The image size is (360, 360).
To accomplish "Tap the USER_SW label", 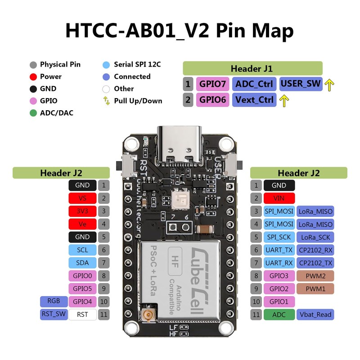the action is coord(301,84).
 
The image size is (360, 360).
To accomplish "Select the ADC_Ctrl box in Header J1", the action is coord(254,84).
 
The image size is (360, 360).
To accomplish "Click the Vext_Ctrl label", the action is coord(254,100).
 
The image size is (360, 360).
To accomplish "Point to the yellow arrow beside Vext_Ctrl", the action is coord(284,100).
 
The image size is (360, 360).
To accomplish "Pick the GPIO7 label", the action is coord(213,84).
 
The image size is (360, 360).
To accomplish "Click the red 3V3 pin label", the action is coord(82,211).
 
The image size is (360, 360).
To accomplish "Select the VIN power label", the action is coord(279,198).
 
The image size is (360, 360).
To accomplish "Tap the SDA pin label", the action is coord(82,263).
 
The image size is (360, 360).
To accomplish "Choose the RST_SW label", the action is coord(54,314).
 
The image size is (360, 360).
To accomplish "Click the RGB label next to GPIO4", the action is coord(54,301).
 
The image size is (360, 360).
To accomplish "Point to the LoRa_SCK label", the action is coord(315,237).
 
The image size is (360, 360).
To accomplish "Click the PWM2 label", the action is coord(315,275).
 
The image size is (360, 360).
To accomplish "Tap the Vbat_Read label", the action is coord(315,315).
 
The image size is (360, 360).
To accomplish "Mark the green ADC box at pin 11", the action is coord(279,315).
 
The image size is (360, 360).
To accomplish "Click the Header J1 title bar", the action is coord(252,68).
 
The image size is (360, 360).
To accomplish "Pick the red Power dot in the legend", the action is coord(33,76).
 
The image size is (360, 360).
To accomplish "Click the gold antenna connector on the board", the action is coord(147,317).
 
